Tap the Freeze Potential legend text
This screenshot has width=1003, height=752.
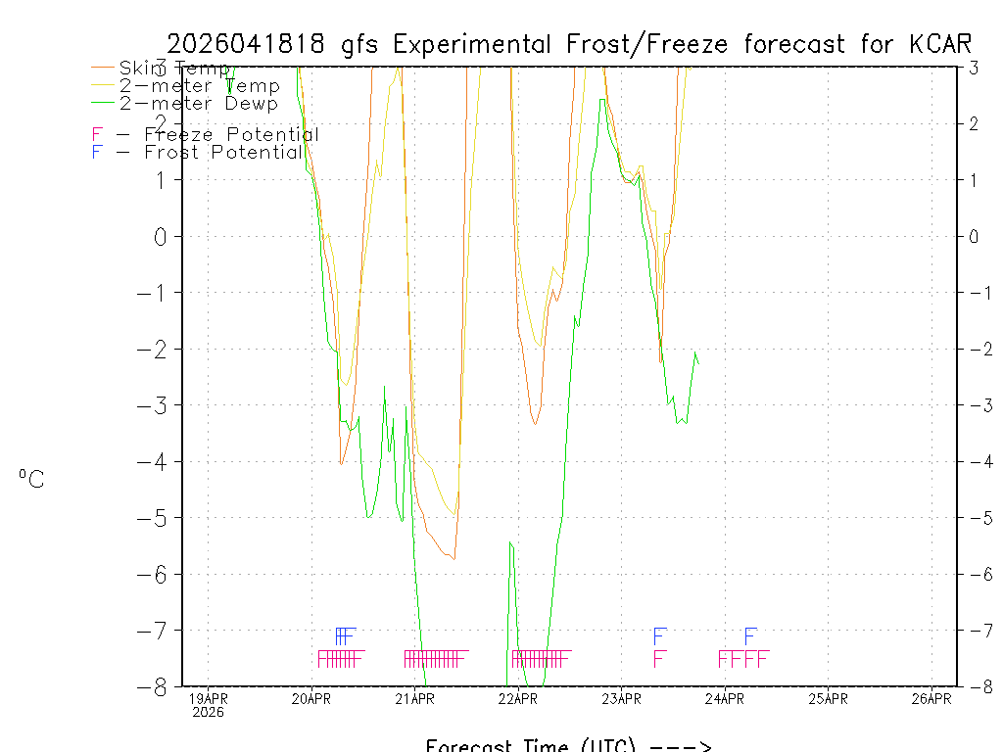coord(231,135)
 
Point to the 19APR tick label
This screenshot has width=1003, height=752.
coord(208,699)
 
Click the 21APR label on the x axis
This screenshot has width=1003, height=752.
coord(414,699)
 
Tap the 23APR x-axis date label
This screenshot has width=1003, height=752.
coord(621,699)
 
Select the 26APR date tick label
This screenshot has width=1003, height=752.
coord(931,699)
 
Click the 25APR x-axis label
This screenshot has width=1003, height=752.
coord(828,699)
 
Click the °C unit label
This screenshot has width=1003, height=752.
coord(31,480)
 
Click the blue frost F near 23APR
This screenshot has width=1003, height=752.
coord(660,635)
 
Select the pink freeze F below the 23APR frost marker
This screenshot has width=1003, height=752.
coord(659,658)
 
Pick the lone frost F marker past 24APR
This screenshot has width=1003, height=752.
coord(750,635)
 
